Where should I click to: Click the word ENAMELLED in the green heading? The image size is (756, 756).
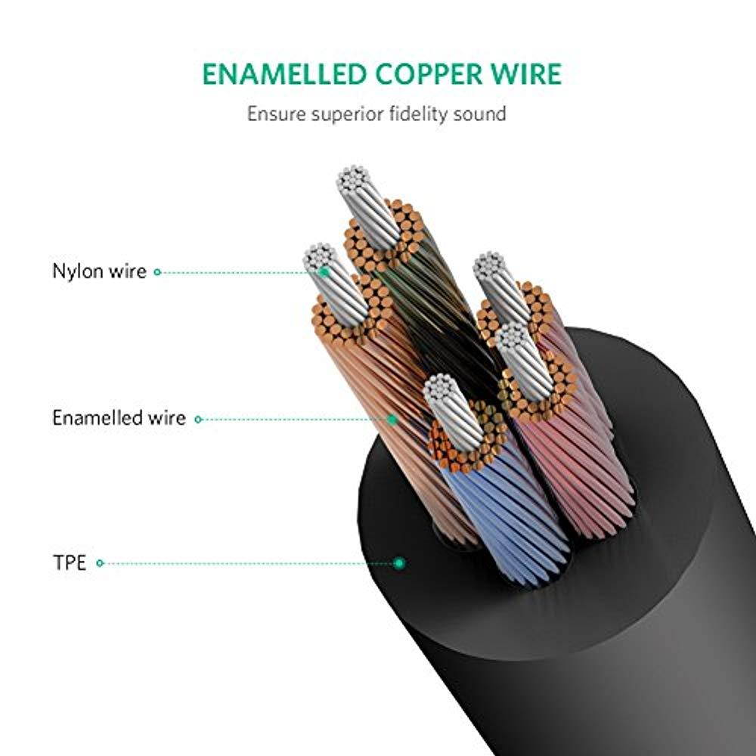click(x=283, y=75)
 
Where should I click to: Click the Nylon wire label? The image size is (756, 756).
click(x=98, y=271)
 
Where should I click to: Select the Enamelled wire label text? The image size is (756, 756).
click(x=119, y=418)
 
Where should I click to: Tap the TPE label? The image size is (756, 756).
click(x=70, y=563)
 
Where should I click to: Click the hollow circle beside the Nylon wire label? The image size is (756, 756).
click(x=157, y=271)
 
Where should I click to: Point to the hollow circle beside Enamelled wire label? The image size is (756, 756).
click(x=198, y=418)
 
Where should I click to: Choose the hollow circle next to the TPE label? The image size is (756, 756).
click(x=100, y=563)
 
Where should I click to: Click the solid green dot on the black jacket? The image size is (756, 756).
click(x=399, y=563)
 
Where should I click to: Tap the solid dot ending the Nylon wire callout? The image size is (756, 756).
click(x=324, y=271)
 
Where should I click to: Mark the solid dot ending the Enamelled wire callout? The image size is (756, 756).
click(x=393, y=418)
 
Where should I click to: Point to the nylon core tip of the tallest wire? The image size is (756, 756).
click(x=357, y=181)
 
